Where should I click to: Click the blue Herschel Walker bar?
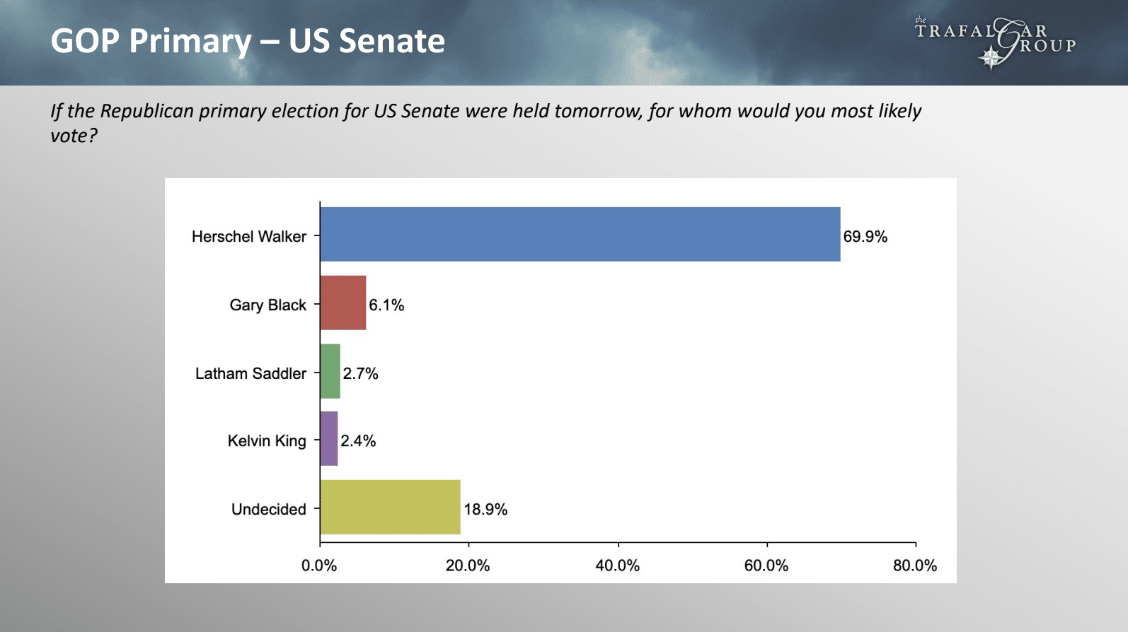[580, 234]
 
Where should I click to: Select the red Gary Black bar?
[343, 303]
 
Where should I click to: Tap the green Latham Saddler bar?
[330, 371]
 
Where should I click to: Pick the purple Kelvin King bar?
[329, 439]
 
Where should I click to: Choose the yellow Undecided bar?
[391, 507]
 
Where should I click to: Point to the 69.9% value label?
[865, 237]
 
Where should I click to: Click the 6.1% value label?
[386, 305]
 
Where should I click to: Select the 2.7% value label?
[360, 373]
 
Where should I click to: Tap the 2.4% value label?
[358, 441]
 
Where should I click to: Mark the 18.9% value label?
[485, 510]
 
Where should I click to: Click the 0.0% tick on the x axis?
[319, 566]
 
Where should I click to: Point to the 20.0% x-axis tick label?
[468, 566]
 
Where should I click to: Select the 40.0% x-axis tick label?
[617, 566]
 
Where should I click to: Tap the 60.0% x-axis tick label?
[766, 566]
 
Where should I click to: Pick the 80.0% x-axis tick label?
[915, 566]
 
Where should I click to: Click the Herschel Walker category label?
[249, 237]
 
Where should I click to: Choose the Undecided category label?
[269, 510]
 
